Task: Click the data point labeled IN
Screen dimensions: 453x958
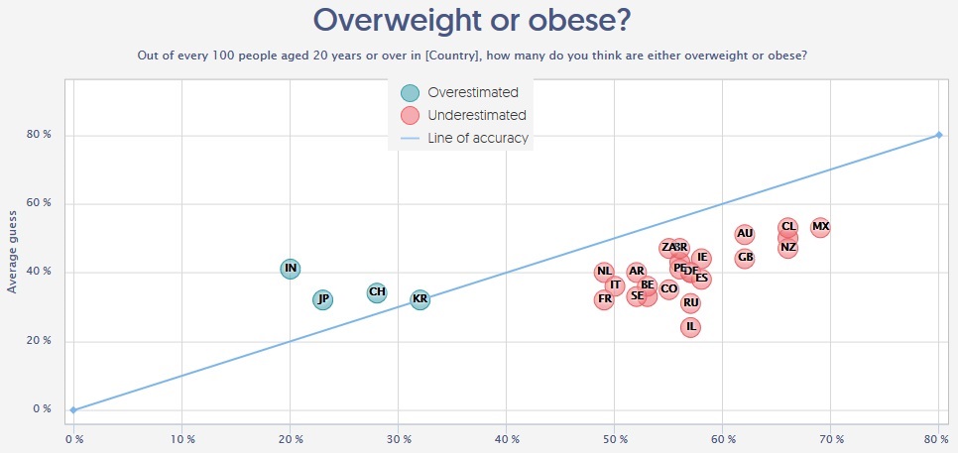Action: pyautogui.click(x=290, y=268)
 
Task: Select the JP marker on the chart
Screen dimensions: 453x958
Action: pyautogui.click(x=323, y=299)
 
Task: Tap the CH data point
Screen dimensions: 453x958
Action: pyautogui.click(x=377, y=292)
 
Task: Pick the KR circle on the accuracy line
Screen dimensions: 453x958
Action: pyautogui.click(x=420, y=299)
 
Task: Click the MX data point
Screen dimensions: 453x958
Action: pyautogui.click(x=820, y=227)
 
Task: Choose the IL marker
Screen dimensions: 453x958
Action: pyautogui.click(x=691, y=327)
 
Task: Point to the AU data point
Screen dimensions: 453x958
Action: pyautogui.click(x=745, y=234)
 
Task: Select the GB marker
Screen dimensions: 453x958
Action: pyautogui.click(x=745, y=258)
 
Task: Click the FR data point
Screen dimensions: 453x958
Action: pyautogui.click(x=604, y=299)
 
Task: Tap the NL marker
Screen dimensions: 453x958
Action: pyautogui.click(x=604, y=272)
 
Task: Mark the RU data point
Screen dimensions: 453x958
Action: pyautogui.click(x=691, y=303)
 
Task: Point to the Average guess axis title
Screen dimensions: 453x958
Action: pyautogui.click(x=13, y=251)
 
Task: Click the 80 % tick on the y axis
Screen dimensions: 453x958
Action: pyautogui.click(x=39, y=135)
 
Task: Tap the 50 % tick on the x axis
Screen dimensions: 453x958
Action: pyautogui.click(x=615, y=437)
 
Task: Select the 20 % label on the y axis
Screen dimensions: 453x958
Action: pyautogui.click(x=39, y=341)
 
